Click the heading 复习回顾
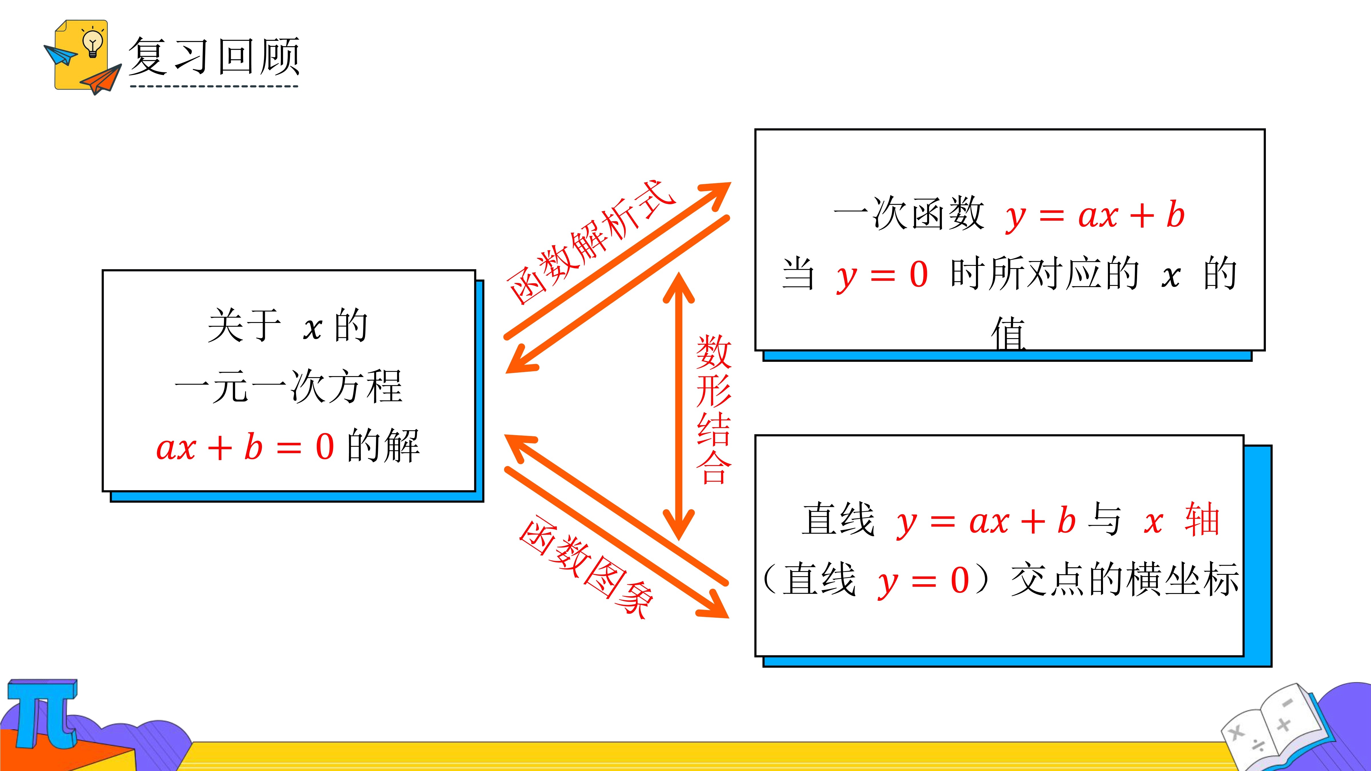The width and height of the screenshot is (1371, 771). tap(214, 57)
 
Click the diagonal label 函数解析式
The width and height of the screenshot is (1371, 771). tap(591, 242)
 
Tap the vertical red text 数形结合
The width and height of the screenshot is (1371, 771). tap(714, 409)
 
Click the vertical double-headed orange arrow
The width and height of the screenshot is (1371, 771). tap(679, 407)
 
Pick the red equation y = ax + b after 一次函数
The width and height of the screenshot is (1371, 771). tap(1095, 216)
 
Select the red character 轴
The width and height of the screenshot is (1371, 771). tap(1202, 519)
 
